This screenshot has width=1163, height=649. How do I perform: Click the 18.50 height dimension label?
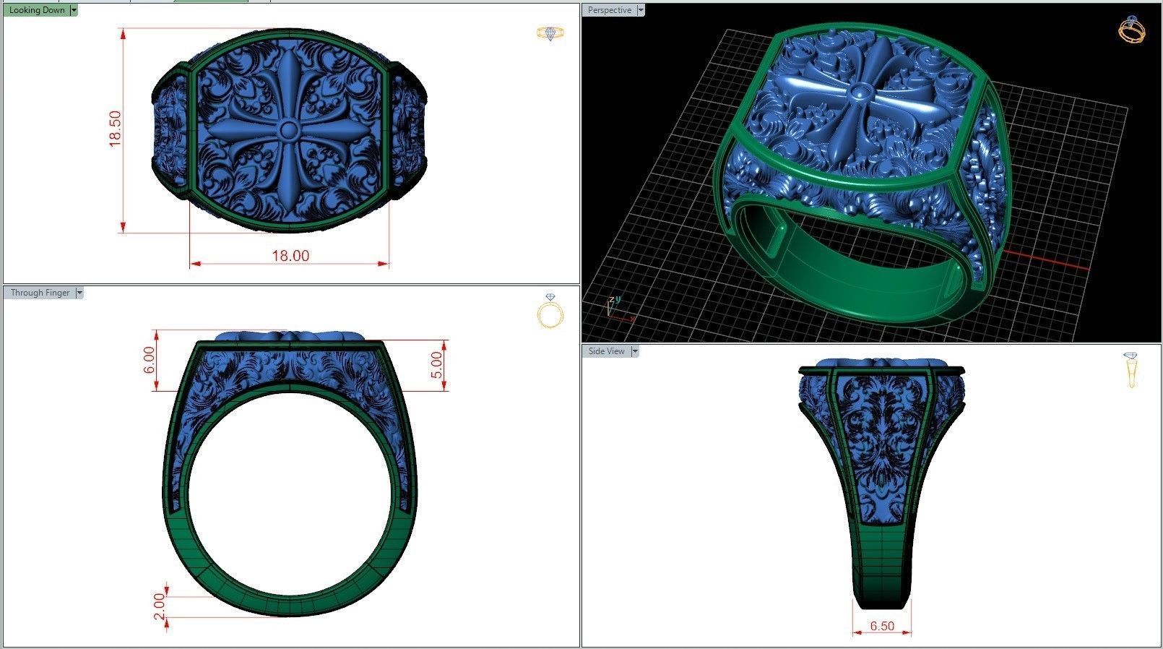coord(115,129)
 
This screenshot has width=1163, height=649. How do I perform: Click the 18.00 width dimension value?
coord(290,256)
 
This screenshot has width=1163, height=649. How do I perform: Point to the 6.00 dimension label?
coord(149,360)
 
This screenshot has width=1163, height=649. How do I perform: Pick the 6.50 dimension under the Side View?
coord(882,626)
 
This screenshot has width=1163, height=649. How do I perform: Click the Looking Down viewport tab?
coord(37,10)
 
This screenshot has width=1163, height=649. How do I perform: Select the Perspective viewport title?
coord(609,10)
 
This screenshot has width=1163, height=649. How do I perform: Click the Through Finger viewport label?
coord(40,293)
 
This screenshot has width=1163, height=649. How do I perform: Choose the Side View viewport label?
coord(606,351)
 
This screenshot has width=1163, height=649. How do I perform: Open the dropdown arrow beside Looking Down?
coord(74,10)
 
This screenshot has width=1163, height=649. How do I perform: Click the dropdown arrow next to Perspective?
coord(640,10)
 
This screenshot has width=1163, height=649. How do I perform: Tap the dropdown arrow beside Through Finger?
coord(79,293)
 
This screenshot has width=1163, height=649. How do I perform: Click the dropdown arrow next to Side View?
coord(635,351)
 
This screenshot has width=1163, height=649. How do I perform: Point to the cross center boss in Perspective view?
coord(860,92)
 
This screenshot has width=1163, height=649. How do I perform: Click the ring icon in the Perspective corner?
coord(1130,30)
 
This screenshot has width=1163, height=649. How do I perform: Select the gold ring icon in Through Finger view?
coord(550,311)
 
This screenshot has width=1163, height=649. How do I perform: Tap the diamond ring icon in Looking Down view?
coord(550,33)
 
